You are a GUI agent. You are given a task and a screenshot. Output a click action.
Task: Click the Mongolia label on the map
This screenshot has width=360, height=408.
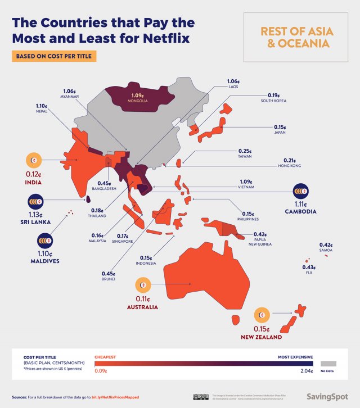click(137, 101)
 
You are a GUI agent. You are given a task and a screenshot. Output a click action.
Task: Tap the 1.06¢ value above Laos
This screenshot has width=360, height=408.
click(232, 81)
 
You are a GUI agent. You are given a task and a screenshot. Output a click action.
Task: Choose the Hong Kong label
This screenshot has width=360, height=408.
click(290, 166)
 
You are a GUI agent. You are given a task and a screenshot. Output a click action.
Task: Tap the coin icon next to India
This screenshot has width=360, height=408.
click(34, 161)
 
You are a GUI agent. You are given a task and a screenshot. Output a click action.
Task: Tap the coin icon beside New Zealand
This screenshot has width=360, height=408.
click(263, 315)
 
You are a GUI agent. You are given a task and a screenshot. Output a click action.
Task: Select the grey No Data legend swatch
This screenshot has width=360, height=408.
click(327, 364)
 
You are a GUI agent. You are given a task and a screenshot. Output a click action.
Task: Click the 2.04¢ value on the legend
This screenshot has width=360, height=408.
click(306, 371)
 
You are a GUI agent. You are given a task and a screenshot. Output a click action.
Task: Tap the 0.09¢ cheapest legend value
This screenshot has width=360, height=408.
click(101, 371)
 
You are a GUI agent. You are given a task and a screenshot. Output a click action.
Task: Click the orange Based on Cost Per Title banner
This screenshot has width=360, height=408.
click(55, 56)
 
